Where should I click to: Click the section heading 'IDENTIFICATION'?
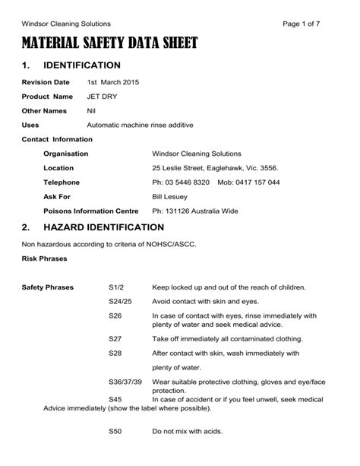click(x=85, y=65)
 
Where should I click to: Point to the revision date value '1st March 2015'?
click(x=113, y=82)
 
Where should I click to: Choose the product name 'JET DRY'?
click(x=103, y=97)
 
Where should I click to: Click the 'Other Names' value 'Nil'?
click(x=92, y=111)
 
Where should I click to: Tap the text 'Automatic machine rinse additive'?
click(x=141, y=125)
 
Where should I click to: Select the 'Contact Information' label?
click(x=58, y=139)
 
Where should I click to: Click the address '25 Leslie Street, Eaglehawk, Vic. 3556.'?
click(x=215, y=168)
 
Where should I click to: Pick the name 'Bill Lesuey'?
click(x=172, y=196)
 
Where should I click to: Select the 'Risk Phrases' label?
click(x=45, y=258)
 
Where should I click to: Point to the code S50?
click(x=115, y=431)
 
